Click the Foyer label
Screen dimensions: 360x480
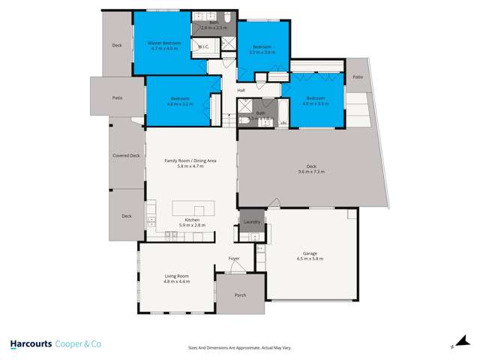click(x=235, y=259)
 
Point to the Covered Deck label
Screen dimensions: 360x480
click(x=125, y=155)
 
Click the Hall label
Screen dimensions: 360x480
click(x=241, y=91)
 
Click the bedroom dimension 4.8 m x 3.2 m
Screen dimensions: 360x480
click(x=181, y=103)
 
